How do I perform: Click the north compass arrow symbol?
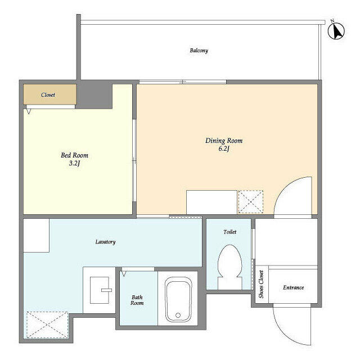click(x=336, y=31)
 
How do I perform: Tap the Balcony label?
click(x=199, y=51)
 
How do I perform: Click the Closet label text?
click(x=48, y=95)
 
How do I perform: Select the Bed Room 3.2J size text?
click(x=74, y=163)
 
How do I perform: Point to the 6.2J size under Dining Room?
click(x=224, y=148)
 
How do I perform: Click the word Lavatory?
click(x=105, y=242)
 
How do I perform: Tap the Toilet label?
click(x=230, y=232)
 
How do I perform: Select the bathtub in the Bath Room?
click(x=178, y=300)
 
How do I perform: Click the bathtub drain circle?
click(x=178, y=315)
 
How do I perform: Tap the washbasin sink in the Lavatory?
click(x=100, y=290)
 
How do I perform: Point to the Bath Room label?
click(x=137, y=300)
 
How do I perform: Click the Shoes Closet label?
click(x=261, y=284)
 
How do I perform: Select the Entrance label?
click(x=294, y=287)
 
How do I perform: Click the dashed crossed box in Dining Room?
click(x=251, y=202)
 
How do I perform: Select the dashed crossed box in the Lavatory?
click(x=47, y=325)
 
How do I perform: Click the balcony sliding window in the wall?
click(x=183, y=82)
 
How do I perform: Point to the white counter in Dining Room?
click(x=211, y=202)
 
